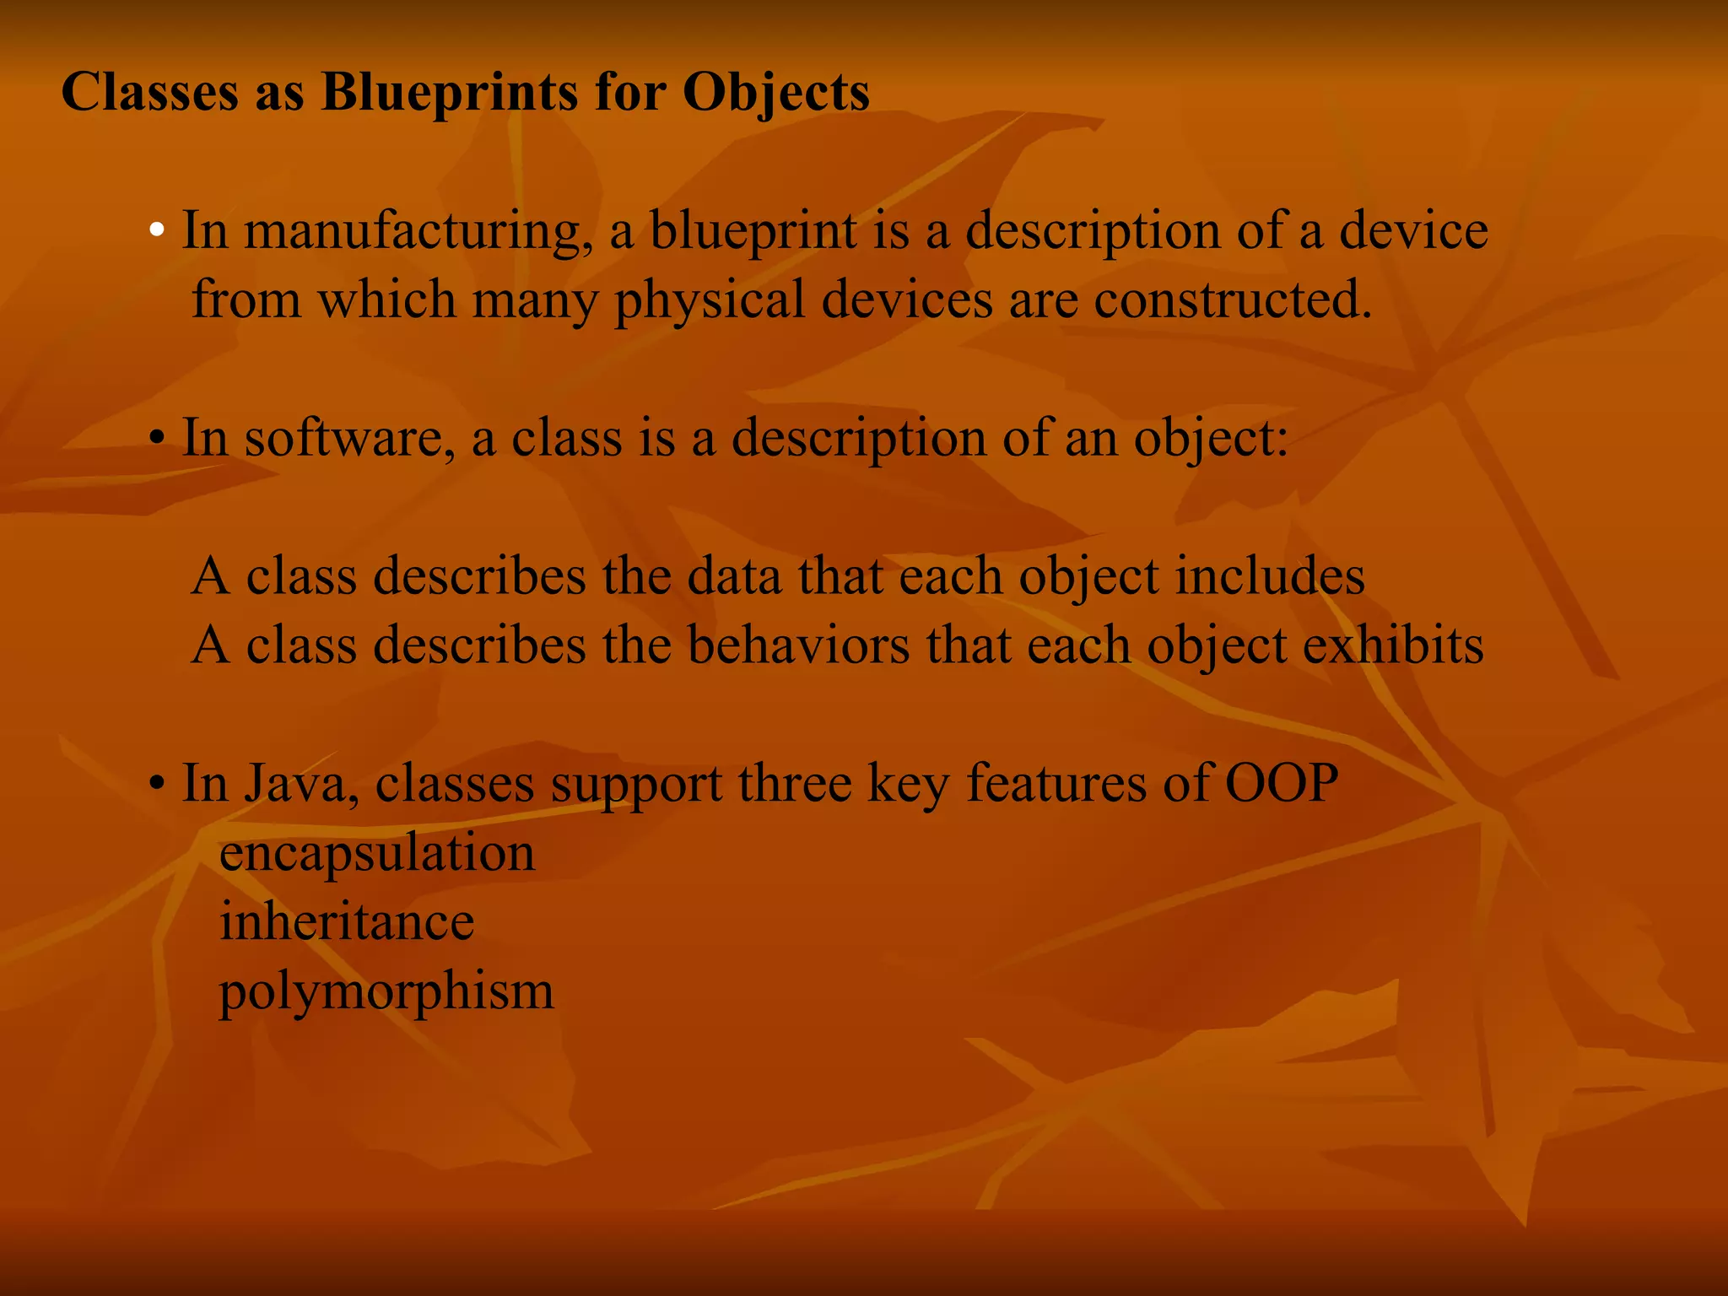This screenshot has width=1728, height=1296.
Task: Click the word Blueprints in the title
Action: point(451,92)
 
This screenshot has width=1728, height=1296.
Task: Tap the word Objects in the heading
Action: point(775,92)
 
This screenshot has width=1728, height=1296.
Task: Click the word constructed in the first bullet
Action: point(1232,300)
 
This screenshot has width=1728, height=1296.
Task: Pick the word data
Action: point(734,576)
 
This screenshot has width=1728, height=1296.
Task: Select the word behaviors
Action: point(798,645)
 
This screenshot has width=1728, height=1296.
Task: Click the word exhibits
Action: point(1393,645)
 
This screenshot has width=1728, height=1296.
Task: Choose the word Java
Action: point(295,784)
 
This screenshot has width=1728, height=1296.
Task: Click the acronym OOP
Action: point(1281,784)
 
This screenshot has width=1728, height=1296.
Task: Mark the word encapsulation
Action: point(377,853)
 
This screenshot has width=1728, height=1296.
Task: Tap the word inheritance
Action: point(347,921)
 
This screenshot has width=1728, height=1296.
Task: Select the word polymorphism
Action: point(386,992)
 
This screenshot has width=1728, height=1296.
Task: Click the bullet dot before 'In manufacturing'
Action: point(157,231)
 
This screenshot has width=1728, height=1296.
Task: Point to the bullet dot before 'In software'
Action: point(157,440)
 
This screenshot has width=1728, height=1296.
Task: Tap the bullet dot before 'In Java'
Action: point(157,786)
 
